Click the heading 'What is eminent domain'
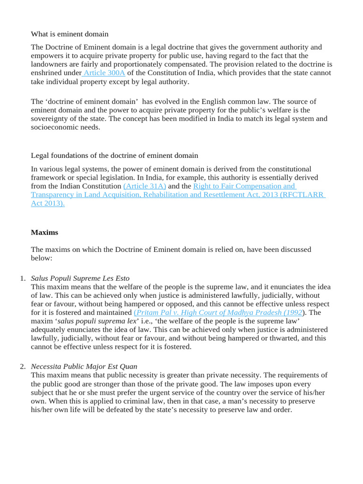tap(69, 34)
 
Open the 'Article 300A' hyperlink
tap(104, 73)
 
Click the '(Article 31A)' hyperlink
tap(145, 186)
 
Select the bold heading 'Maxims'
tap(44, 232)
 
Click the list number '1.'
tap(23, 278)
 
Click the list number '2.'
tap(23, 367)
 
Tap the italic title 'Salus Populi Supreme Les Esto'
tap(80, 278)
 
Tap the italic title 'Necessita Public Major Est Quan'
tap(84, 367)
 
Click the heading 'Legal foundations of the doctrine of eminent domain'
tap(114, 156)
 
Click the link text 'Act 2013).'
tap(48, 203)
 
